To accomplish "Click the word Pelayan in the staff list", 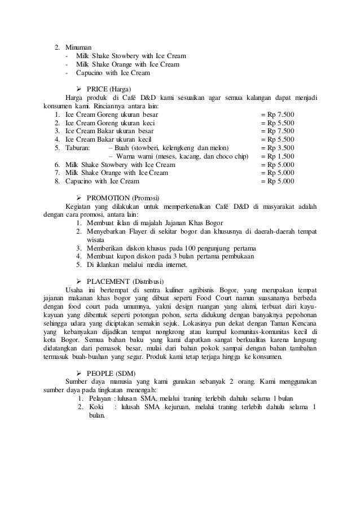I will coord(100,400).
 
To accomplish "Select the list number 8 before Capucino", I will coord(57,181).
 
